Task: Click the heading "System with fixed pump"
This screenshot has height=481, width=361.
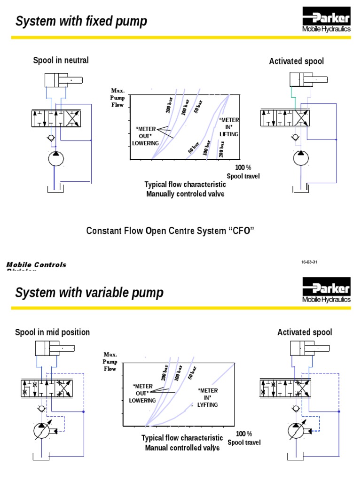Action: tap(81, 21)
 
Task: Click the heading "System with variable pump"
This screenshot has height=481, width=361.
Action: tap(89, 293)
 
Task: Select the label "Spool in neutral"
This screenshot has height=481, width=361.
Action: tap(61, 60)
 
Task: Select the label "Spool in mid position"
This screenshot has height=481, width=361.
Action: tap(53, 332)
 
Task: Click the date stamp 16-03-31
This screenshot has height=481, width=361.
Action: tap(310, 262)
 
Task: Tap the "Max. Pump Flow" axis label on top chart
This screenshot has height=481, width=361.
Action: tap(117, 97)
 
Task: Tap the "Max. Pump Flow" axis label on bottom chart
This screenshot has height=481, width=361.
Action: tap(110, 362)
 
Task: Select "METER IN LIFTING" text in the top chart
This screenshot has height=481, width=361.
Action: tap(229, 127)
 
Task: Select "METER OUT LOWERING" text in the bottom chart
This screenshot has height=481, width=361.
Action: tap(142, 393)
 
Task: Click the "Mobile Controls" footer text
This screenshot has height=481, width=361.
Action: tap(36, 265)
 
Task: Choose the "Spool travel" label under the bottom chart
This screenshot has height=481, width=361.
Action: tap(244, 442)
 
